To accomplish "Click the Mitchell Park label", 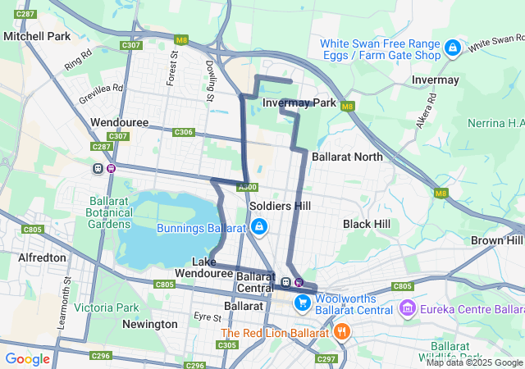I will tap(37, 37).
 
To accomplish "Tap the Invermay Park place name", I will tap(300, 102).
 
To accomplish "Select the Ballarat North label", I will tap(347, 156).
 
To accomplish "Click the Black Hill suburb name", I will tap(367, 224).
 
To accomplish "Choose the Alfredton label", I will tap(42, 257).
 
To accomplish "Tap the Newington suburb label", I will tap(149, 324).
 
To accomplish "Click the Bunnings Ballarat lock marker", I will tap(258, 226).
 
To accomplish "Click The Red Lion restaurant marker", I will tap(341, 332).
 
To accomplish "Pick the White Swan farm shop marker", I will tap(452, 48).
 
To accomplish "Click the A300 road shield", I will tap(247, 187).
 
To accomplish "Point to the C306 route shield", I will tap(184, 132).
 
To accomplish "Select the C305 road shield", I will tap(228, 345).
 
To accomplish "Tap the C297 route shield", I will tap(326, 359).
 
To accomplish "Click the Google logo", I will tap(27, 358).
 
